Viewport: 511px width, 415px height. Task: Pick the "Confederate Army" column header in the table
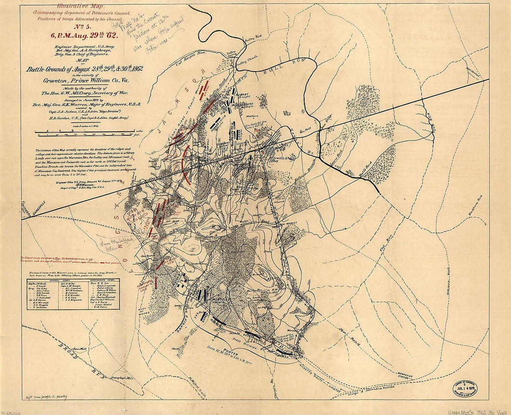click(103, 280)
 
